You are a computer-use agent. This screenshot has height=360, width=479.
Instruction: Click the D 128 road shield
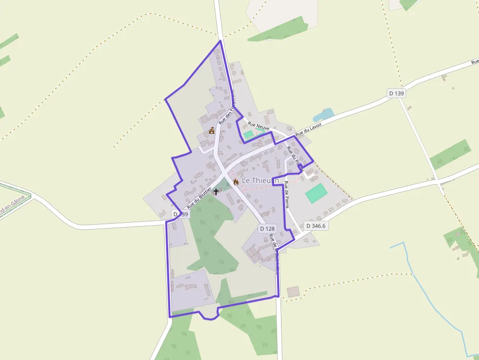268,228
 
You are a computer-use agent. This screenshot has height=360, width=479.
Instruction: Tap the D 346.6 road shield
316,226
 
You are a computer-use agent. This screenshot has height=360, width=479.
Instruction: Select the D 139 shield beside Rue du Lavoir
396,93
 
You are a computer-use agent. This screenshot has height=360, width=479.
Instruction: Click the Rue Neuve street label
259,126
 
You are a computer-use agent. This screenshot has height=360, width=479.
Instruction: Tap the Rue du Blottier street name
198,198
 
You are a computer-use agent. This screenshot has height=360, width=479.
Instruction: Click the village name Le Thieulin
260,181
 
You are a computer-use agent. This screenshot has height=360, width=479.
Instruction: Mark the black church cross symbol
216,192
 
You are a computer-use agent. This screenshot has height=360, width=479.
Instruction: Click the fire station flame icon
236,182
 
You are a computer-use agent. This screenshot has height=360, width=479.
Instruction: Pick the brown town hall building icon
212,130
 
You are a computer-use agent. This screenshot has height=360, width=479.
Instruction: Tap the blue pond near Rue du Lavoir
324,114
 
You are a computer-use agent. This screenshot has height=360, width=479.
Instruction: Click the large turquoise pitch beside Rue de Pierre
316,193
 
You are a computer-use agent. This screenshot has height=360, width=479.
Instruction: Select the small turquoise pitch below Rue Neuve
249,134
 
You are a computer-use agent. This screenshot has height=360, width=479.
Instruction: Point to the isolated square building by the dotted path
293,292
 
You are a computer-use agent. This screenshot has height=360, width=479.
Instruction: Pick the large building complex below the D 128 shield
259,252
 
